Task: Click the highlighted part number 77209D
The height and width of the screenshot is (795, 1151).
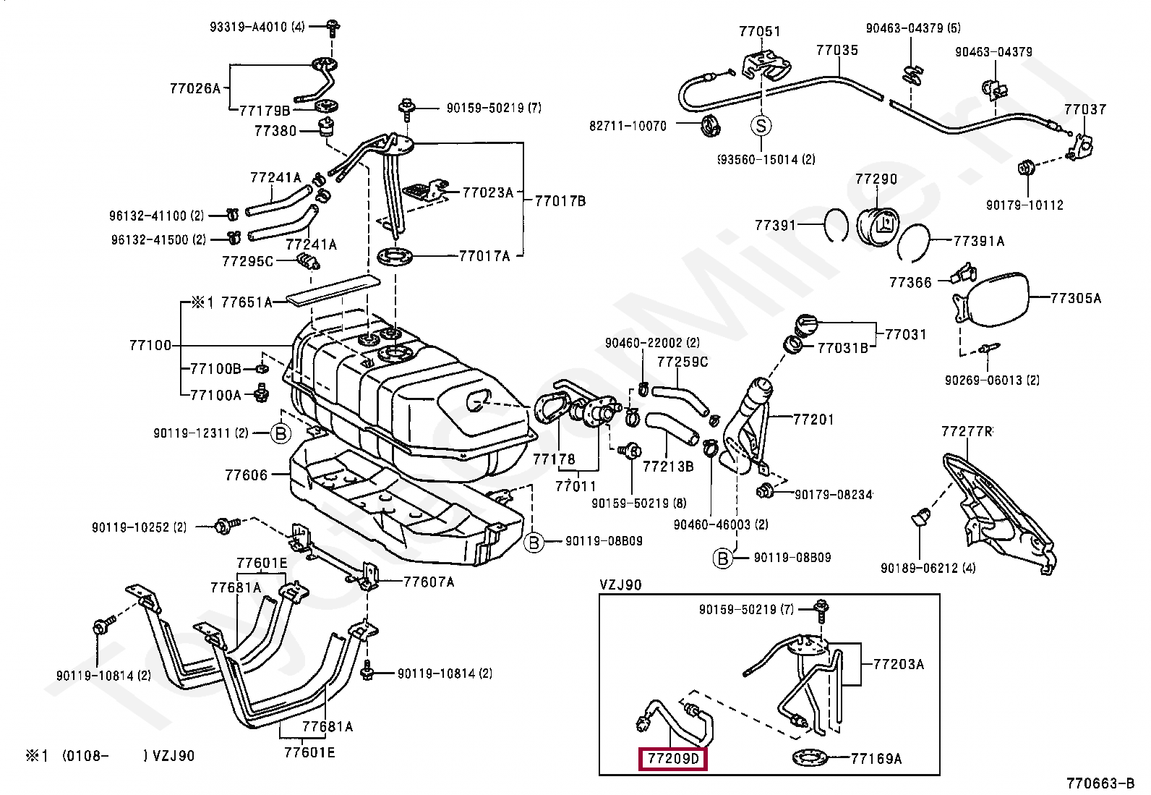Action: point(673,759)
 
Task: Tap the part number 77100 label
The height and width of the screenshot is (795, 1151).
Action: point(150,346)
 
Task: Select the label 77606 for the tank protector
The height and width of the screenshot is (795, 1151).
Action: point(246,475)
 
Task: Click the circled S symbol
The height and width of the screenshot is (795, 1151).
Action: point(761,126)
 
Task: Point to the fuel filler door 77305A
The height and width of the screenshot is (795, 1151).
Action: point(998,298)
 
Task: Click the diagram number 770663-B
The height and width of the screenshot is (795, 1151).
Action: point(1100,783)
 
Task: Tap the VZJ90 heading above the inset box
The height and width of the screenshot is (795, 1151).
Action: point(620,584)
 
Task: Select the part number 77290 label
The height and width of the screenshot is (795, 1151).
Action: point(876,179)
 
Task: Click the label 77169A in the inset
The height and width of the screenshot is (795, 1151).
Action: point(876,759)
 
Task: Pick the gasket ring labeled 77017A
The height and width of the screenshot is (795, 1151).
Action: point(395,256)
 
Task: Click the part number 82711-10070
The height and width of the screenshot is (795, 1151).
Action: point(628,126)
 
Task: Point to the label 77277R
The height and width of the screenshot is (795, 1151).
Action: point(967,432)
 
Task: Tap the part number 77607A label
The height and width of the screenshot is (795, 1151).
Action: point(429,582)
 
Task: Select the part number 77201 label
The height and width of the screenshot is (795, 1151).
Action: point(813,420)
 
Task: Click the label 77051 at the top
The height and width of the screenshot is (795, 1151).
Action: point(759,32)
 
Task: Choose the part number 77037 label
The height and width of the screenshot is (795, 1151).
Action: point(1084,110)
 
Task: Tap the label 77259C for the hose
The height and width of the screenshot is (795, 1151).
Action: point(682,362)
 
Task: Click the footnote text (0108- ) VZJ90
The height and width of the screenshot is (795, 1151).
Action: point(128,756)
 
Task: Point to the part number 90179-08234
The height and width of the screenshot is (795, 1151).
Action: point(833,496)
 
